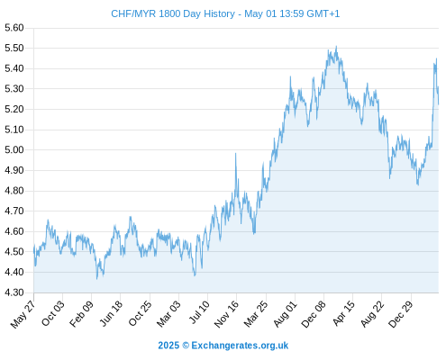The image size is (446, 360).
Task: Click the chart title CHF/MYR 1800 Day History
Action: [173, 13]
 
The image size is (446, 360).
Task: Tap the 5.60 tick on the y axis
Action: [14, 28]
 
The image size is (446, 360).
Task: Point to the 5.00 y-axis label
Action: [14, 149]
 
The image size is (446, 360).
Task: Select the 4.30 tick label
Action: [14, 292]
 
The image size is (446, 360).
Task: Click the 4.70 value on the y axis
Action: [14, 211]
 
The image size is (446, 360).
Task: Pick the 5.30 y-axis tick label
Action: [14, 89]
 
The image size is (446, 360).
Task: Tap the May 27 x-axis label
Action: [23, 314]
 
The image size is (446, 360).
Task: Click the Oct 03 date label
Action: [52, 313]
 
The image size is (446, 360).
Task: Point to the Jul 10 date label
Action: [199, 312]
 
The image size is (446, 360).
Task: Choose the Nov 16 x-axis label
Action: [226, 314]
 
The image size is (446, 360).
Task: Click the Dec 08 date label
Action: [314, 314]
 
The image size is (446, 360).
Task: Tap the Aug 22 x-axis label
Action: [372, 314]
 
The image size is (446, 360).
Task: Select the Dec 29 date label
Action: [401, 314]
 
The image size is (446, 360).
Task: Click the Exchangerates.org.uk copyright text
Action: [223, 346]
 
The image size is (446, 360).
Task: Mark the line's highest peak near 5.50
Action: [336, 46]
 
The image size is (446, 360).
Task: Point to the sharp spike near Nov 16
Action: [236, 153]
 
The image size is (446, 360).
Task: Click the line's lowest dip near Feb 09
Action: [97, 279]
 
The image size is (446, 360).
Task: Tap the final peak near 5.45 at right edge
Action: [436, 58]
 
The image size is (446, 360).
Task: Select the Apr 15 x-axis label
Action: [343, 313]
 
